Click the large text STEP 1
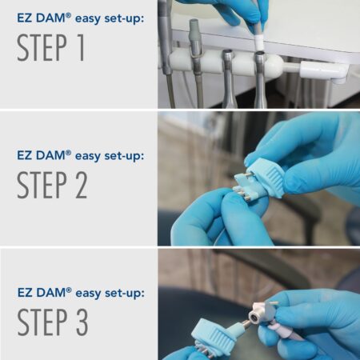click(53, 48)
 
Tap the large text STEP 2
click(53, 183)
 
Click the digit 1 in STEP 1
click(81, 48)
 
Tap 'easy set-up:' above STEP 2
click(109, 154)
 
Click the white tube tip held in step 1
click(258, 36)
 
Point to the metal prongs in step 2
click(240, 192)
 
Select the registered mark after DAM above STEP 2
click(68, 150)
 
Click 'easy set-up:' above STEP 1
click(109, 18)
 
